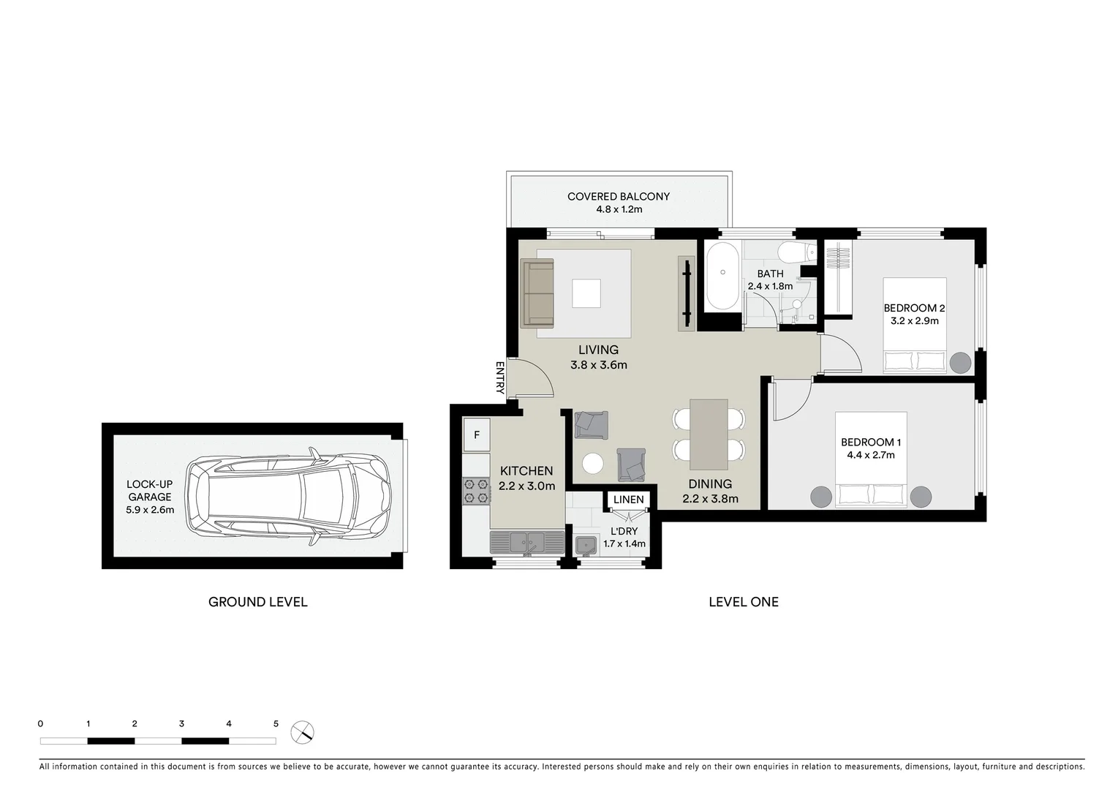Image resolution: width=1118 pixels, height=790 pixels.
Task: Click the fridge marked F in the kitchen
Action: coord(476,435)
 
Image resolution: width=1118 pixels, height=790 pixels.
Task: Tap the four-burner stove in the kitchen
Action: coord(476,490)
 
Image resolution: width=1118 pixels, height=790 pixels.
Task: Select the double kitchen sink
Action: coord(526,542)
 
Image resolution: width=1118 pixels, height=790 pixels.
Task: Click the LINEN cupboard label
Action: coord(629,500)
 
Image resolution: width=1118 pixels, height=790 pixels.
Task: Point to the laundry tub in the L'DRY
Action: coord(586,545)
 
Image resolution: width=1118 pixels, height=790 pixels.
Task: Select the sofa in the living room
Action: coord(537,293)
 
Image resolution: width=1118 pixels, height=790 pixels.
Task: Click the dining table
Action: coord(709,434)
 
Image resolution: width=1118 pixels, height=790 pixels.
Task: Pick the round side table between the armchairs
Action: coord(592,463)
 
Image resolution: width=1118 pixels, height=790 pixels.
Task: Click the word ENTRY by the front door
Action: coord(500,377)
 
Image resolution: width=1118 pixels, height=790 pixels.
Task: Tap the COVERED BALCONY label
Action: coord(619,196)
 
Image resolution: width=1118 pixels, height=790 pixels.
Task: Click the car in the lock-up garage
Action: coord(289,497)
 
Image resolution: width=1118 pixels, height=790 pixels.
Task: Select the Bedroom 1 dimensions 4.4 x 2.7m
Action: coord(871,455)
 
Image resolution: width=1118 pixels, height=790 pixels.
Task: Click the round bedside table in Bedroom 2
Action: coord(960,362)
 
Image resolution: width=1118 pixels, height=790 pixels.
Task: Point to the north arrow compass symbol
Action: coord(302,731)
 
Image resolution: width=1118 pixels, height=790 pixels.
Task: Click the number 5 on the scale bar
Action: coord(276,723)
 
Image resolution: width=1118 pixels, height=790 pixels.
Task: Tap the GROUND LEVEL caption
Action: coord(257,602)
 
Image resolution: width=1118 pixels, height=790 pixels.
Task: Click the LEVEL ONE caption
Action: coord(743,602)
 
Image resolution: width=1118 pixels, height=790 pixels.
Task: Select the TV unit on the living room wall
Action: coord(687,293)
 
